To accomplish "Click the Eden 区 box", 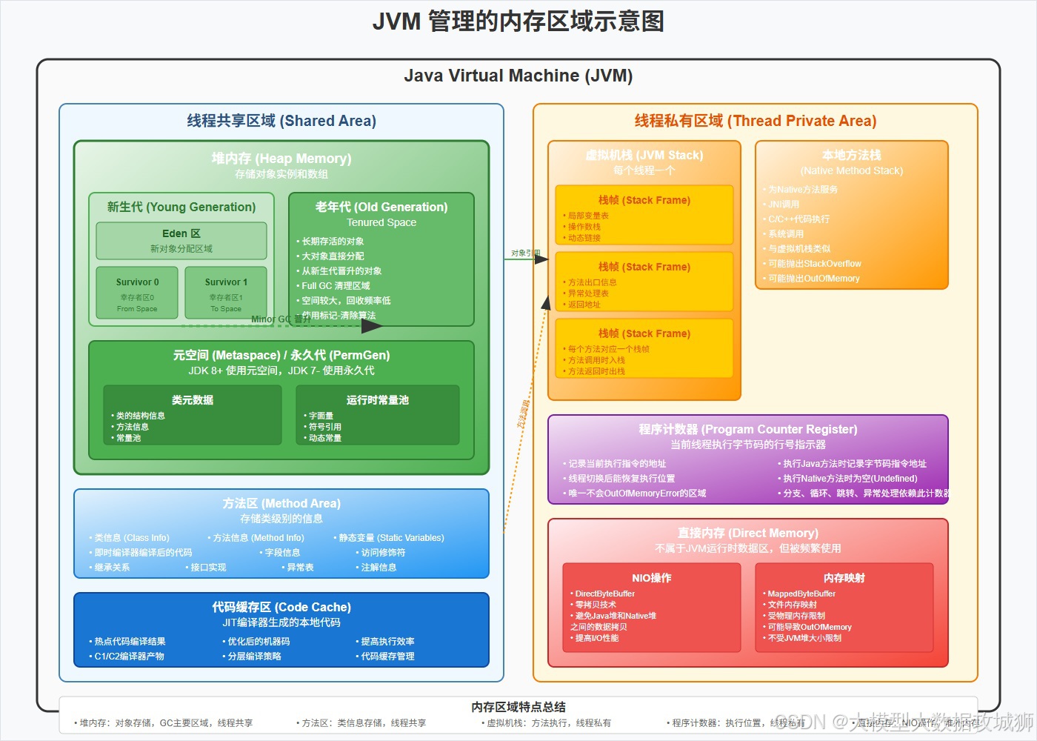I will click(x=181, y=241).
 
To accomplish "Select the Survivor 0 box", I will click(x=137, y=293).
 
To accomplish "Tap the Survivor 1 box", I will click(x=226, y=293).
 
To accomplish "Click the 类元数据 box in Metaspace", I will click(x=193, y=415).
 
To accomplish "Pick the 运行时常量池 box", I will click(x=378, y=415).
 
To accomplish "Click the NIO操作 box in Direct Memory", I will click(x=652, y=608).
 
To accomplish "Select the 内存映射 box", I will click(x=844, y=608).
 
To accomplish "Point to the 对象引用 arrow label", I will click(x=525, y=253).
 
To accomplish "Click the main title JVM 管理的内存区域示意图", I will click(x=518, y=21).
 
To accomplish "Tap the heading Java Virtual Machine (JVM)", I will click(x=518, y=76).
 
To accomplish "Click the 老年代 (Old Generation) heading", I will click(x=381, y=207).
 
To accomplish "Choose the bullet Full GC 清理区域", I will click(x=336, y=286).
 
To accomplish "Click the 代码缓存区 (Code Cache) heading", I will click(x=281, y=607).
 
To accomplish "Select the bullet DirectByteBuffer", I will click(x=604, y=594).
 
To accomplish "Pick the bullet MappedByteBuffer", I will click(x=801, y=594).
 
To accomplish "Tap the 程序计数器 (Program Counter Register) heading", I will click(x=748, y=429).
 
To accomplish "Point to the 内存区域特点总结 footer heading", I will click(x=518, y=707).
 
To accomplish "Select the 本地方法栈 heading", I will click(x=852, y=155).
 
